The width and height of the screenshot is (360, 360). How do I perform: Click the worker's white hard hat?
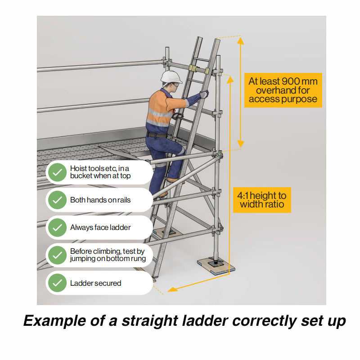[171, 77]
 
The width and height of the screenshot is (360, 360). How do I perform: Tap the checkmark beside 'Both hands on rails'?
[57, 200]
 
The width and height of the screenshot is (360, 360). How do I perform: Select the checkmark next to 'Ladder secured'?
[57, 283]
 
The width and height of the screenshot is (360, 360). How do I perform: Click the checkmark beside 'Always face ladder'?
[57, 228]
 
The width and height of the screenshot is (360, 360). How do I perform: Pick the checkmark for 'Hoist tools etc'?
[57, 172]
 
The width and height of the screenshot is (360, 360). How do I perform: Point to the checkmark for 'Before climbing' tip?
[57, 255]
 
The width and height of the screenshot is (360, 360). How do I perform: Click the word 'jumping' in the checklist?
[82, 259]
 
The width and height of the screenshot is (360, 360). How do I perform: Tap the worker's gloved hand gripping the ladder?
[204, 94]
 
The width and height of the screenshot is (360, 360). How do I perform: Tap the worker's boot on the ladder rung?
[171, 179]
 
